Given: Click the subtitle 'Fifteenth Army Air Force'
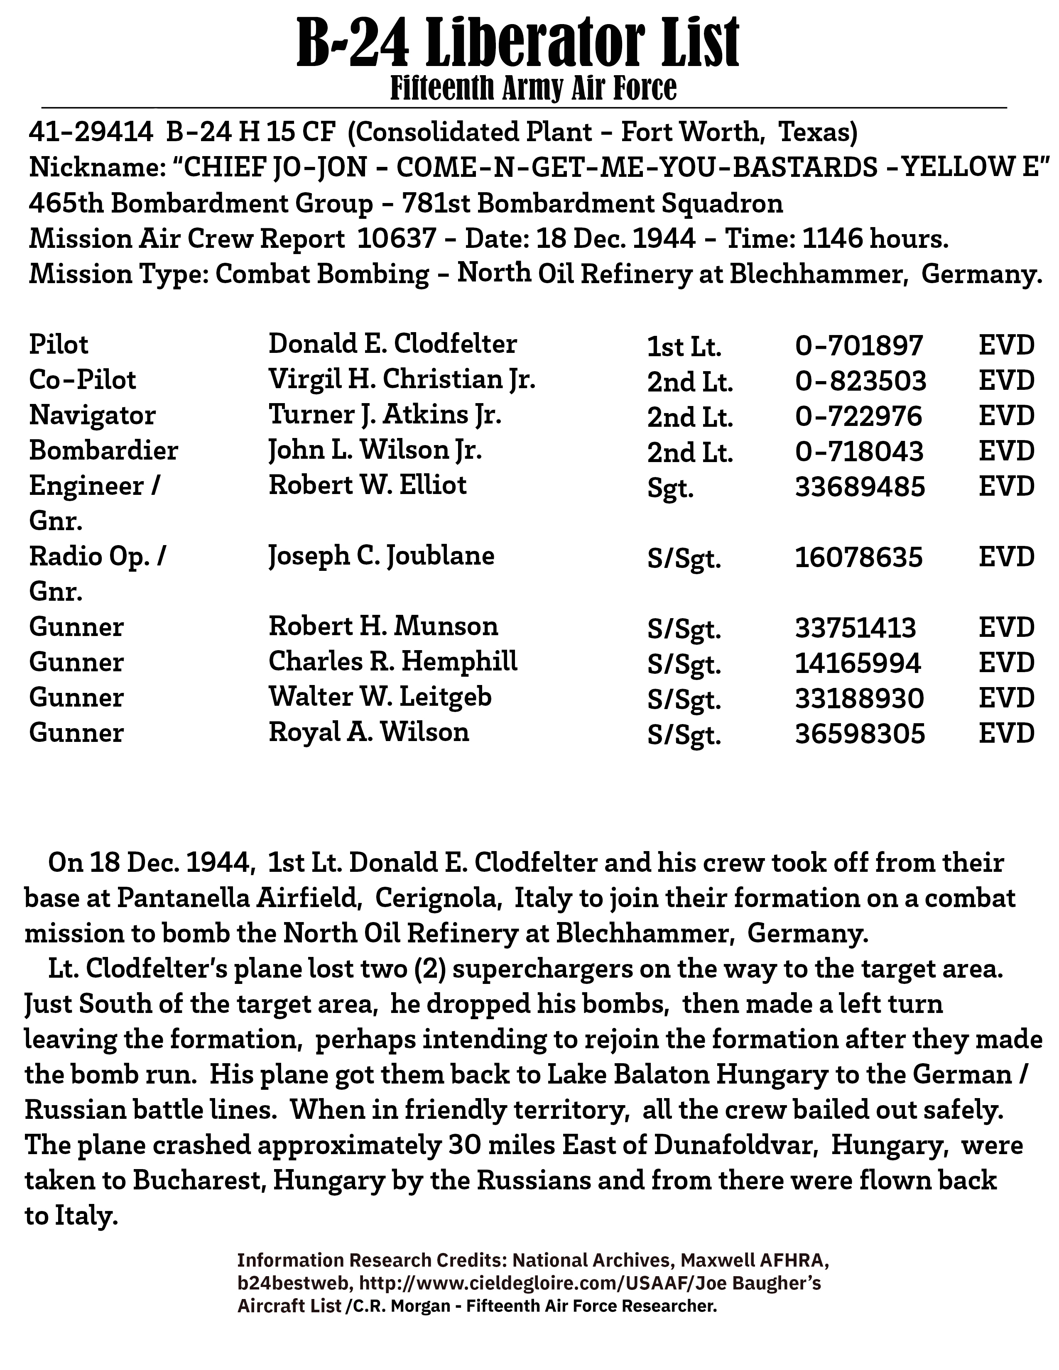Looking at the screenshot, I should pos(533,88).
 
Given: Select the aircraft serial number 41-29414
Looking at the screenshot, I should pos(91,132).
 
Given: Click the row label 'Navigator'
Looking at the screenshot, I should pos(92,415).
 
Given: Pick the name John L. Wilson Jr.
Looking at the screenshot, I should pos(375,450).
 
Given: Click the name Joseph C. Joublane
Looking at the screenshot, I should pos(381,556).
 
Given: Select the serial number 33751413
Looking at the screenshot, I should pos(856,628).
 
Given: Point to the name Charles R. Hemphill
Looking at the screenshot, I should pos(393,662).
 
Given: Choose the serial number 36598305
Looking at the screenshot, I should pos(860,733).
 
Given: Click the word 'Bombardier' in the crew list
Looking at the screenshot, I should pos(103,450).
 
